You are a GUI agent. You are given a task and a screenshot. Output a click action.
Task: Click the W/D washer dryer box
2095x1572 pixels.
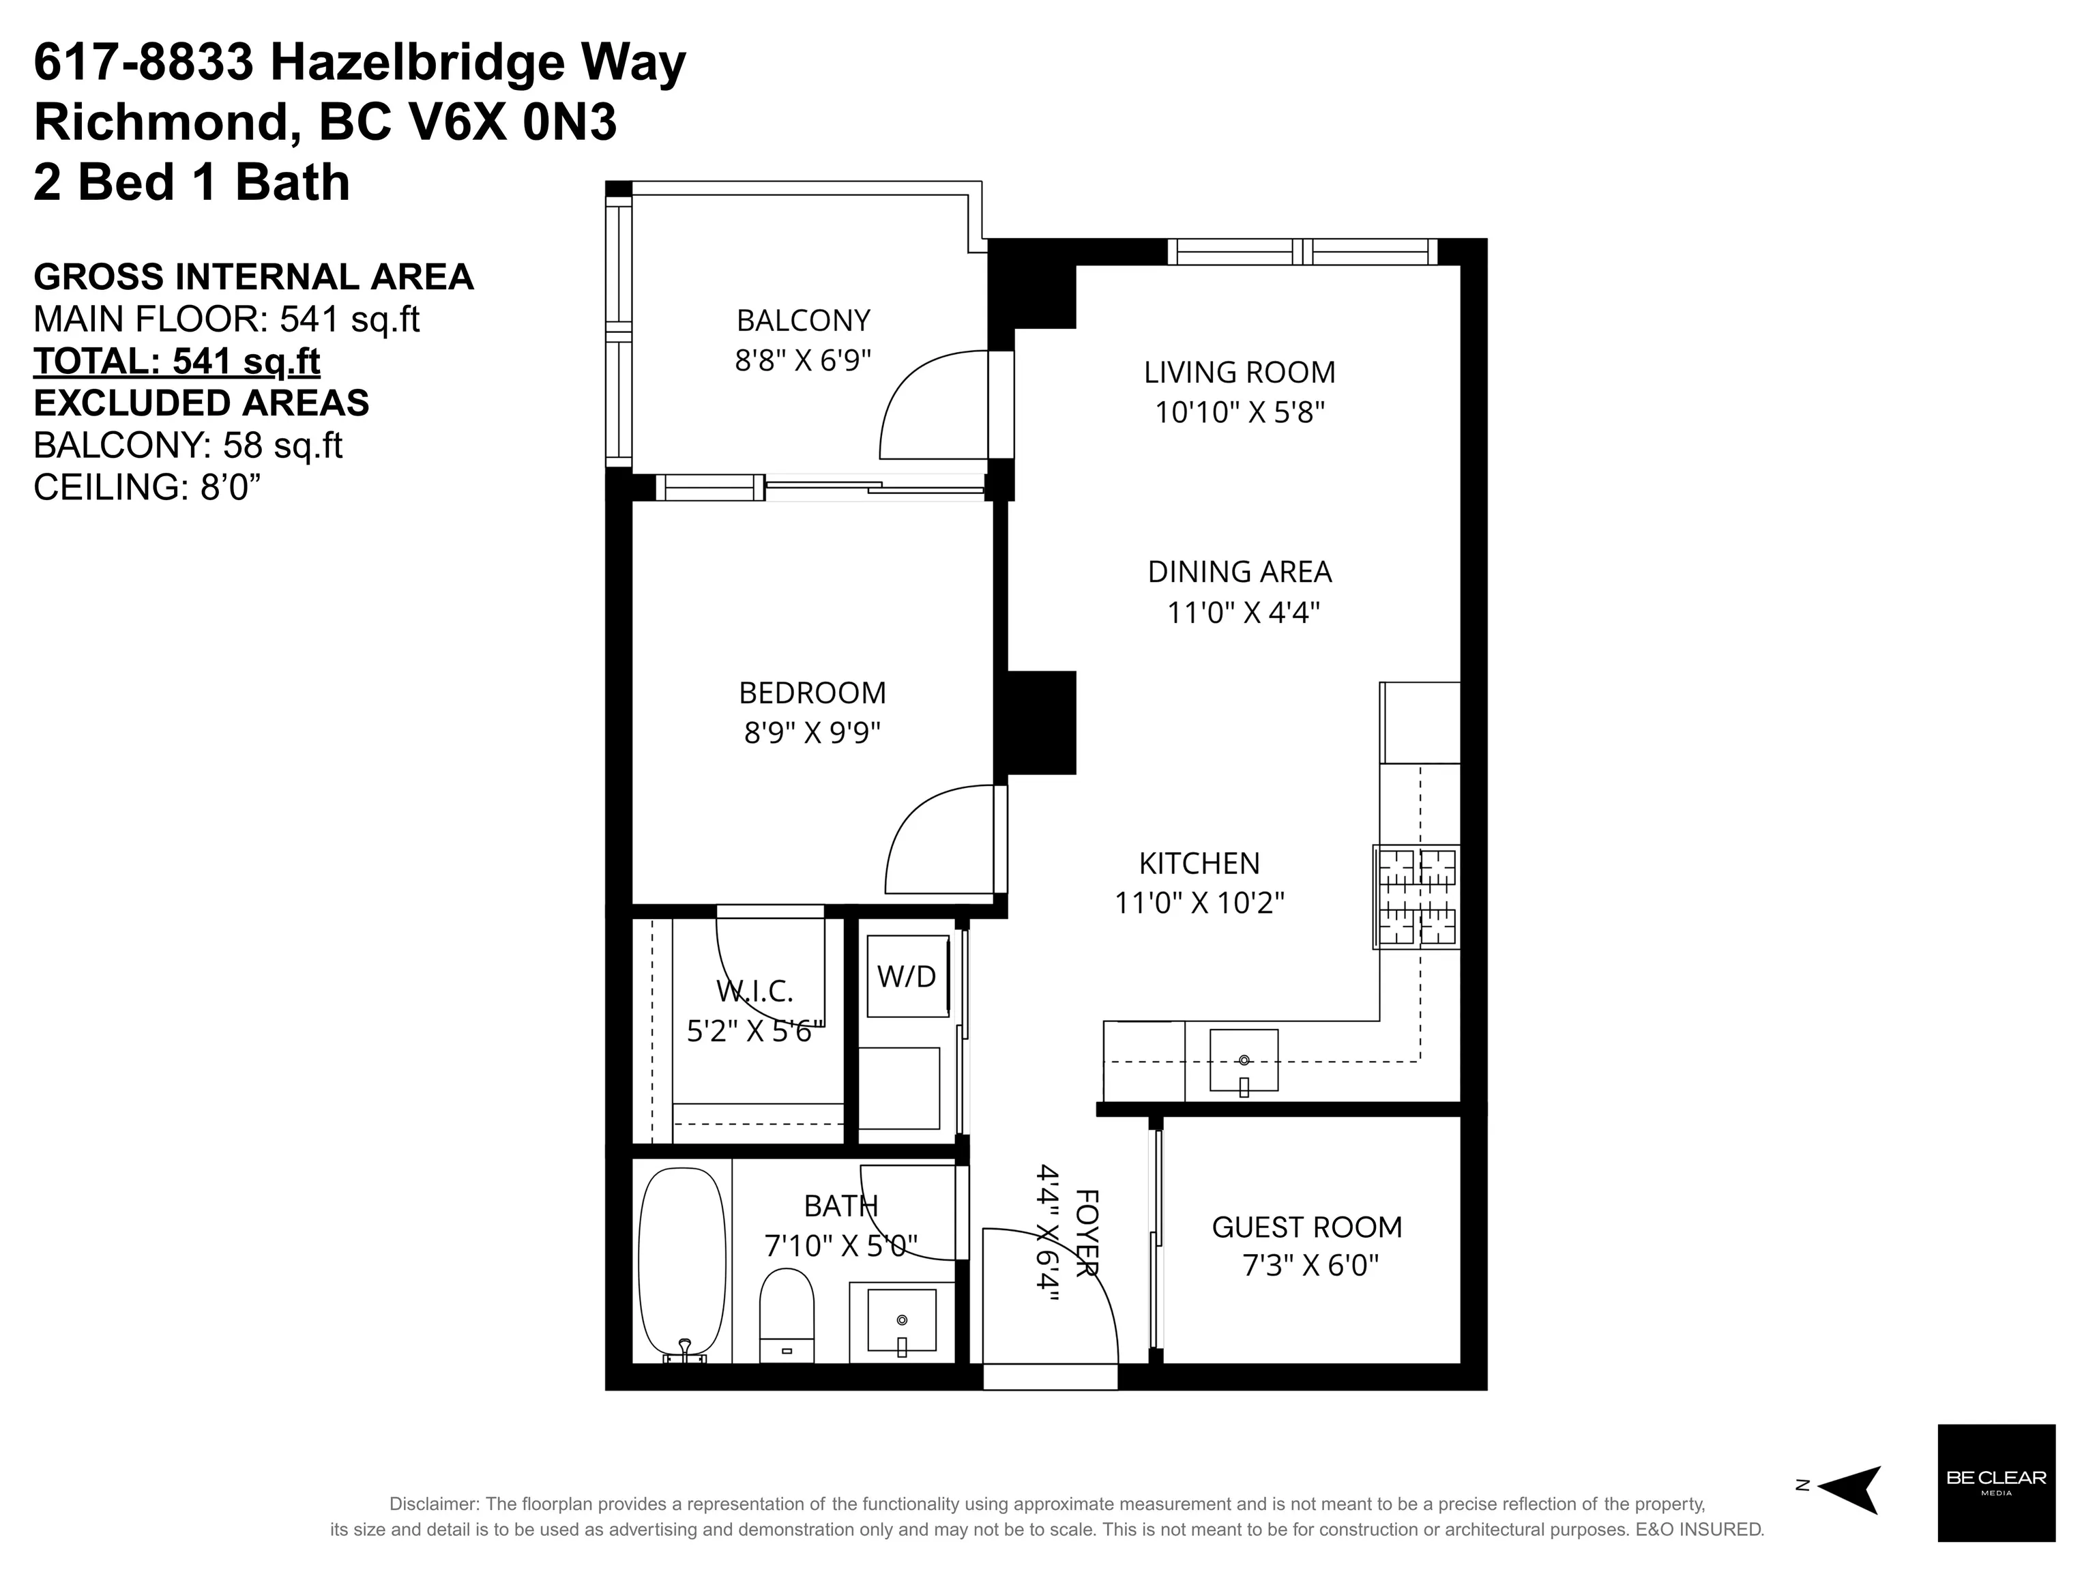tap(907, 976)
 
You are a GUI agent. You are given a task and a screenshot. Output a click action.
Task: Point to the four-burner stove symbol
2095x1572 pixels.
tap(1417, 897)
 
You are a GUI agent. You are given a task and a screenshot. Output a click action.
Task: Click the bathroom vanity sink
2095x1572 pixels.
tap(902, 1320)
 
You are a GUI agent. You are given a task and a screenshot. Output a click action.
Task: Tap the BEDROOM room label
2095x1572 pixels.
tap(812, 693)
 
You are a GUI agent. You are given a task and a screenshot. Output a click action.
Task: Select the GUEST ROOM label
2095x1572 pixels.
tap(1307, 1227)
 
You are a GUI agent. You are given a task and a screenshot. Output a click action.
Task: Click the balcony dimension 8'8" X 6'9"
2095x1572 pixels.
tap(803, 361)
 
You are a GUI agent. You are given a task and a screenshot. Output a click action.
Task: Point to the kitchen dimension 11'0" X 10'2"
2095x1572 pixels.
tap(1199, 903)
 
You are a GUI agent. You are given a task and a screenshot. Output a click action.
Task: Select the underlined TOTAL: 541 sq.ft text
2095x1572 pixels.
tap(177, 362)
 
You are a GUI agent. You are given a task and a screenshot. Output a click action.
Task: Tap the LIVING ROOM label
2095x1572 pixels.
tap(1240, 372)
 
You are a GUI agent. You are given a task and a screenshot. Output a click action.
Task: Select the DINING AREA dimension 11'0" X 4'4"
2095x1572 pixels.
tap(1242, 613)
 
